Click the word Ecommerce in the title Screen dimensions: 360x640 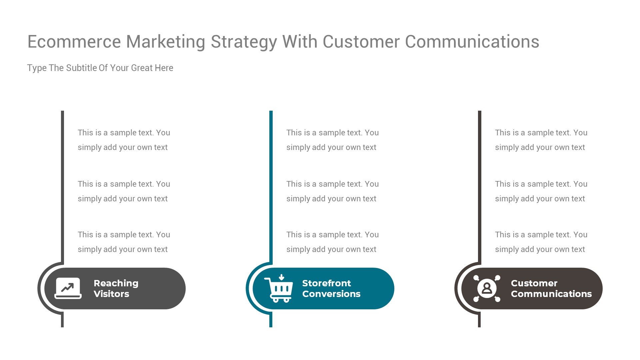pyautogui.click(x=74, y=42)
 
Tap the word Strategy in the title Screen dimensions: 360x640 pyautogui.click(x=244, y=42)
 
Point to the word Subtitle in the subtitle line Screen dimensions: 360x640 pyautogui.click(x=82, y=68)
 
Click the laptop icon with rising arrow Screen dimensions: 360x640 pyautogui.click(x=68, y=288)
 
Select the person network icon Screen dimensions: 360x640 pyautogui.click(x=487, y=288)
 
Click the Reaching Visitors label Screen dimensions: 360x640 pyautogui.click(x=116, y=288)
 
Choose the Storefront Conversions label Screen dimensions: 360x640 pyautogui.click(x=331, y=288)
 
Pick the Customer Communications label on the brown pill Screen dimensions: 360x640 pyautogui.click(x=551, y=288)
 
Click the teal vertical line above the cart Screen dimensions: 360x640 pyautogui.click(x=271, y=183)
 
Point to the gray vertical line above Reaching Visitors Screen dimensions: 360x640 pyautogui.click(x=62, y=183)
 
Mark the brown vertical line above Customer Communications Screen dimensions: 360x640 pyautogui.click(x=480, y=183)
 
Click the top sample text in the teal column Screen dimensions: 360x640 pyautogui.click(x=332, y=140)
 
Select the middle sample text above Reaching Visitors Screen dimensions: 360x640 pyautogui.click(x=124, y=191)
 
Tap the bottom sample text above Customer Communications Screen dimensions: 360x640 pyautogui.click(x=541, y=242)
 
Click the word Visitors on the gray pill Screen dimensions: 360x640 pyautogui.click(x=111, y=294)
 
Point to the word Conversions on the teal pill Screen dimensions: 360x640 pyautogui.click(x=331, y=294)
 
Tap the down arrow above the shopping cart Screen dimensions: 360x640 pyautogui.click(x=282, y=277)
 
